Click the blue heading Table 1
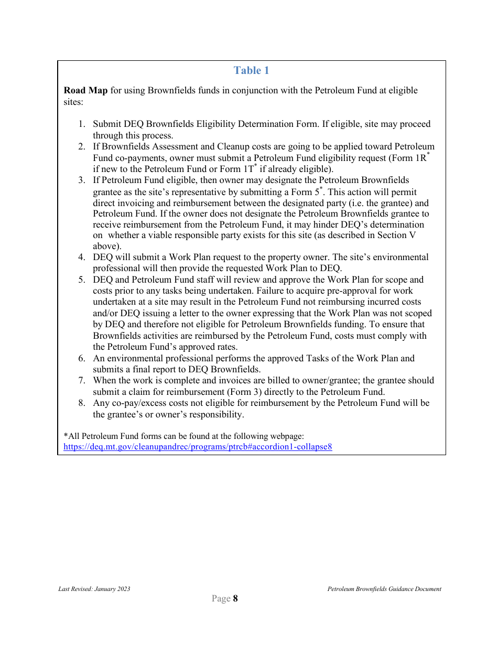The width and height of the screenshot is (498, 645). (x=251, y=71)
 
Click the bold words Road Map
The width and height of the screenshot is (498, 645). (x=85, y=91)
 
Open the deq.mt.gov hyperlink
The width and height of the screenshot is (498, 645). (x=198, y=447)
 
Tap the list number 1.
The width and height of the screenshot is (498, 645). (x=81, y=124)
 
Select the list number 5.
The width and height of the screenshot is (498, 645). (x=82, y=280)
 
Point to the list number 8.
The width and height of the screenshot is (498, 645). (x=82, y=403)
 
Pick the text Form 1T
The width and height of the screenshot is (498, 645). (x=241, y=169)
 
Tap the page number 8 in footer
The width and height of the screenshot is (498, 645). (x=235, y=599)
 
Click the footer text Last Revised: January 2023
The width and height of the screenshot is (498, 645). (x=94, y=589)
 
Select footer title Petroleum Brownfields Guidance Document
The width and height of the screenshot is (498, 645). (x=384, y=589)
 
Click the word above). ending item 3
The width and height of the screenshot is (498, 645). (x=107, y=246)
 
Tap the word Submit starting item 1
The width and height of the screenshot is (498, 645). (x=107, y=124)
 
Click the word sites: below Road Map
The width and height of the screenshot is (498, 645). (x=73, y=102)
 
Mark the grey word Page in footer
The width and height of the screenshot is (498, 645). (x=221, y=599)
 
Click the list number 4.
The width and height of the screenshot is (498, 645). (x=82, y=257)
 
